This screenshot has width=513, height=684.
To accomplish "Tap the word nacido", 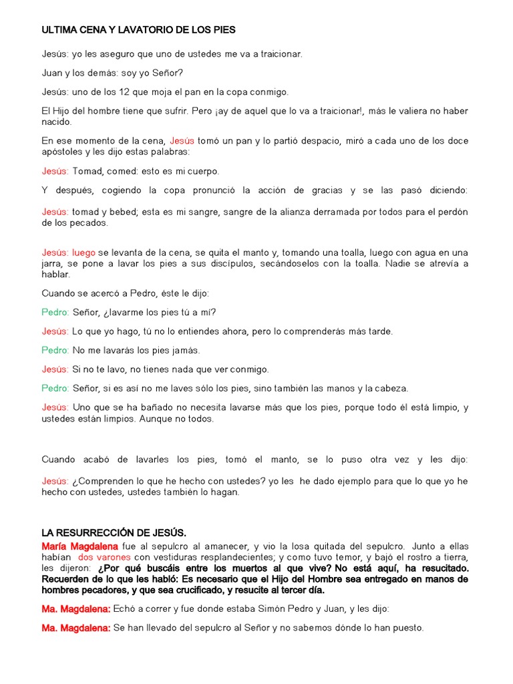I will [56, 122].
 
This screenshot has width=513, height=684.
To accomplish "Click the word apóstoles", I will [63, 152].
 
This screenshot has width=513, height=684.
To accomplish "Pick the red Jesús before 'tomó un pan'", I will [182, 141].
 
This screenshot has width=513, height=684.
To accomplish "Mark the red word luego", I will [83, 252].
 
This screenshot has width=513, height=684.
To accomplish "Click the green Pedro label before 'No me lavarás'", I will [55, 350].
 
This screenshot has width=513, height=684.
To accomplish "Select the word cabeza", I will [390, 388].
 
